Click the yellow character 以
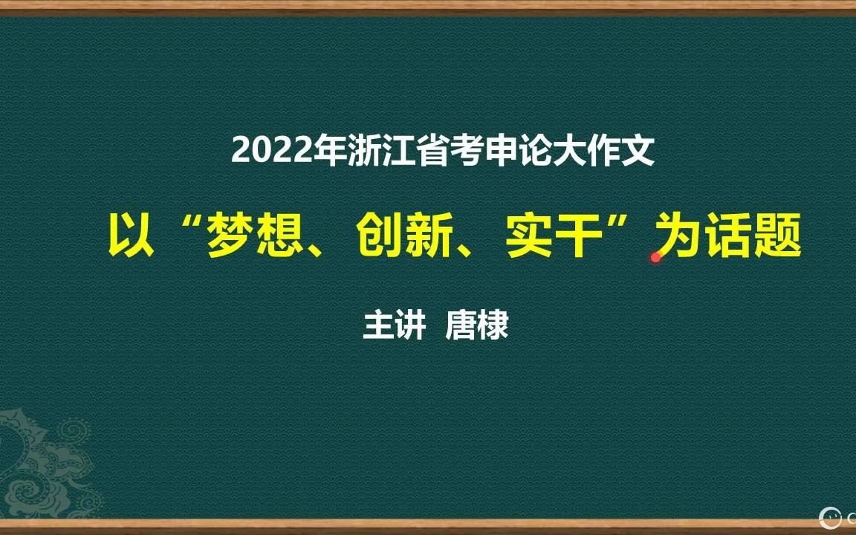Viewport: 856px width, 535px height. click(131, 236)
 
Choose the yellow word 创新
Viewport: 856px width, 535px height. click(404, 236)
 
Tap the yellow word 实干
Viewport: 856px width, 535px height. click(554, 236)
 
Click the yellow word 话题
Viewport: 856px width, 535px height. click(753, 236)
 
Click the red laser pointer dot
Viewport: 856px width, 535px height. click(655, 257)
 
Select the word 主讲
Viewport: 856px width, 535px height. click(394, 325)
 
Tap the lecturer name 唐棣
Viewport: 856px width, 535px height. click(477, 325)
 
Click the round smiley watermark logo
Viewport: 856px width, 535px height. click(830, 517)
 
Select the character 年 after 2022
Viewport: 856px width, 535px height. click(331, 150)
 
